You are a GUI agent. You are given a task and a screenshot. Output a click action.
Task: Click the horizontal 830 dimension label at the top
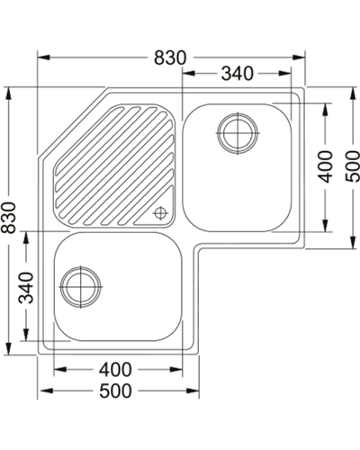point(170,58)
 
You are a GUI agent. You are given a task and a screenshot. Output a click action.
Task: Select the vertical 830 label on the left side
point(8,218)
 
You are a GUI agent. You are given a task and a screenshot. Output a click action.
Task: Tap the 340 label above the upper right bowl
point(238,74)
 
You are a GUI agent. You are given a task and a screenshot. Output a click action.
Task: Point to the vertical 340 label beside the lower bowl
point(26,288)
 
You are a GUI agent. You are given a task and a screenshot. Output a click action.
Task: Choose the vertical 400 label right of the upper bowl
point(326,166)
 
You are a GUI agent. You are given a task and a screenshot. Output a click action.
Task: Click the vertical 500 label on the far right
point(352,166)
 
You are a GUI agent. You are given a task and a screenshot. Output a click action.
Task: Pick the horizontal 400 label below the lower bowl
point(115,370)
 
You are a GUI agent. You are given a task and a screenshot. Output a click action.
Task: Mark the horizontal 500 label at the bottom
point(115,391)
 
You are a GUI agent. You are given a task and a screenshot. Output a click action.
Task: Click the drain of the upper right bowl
point(238,133)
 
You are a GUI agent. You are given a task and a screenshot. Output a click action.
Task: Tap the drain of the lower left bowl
point(81,287)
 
